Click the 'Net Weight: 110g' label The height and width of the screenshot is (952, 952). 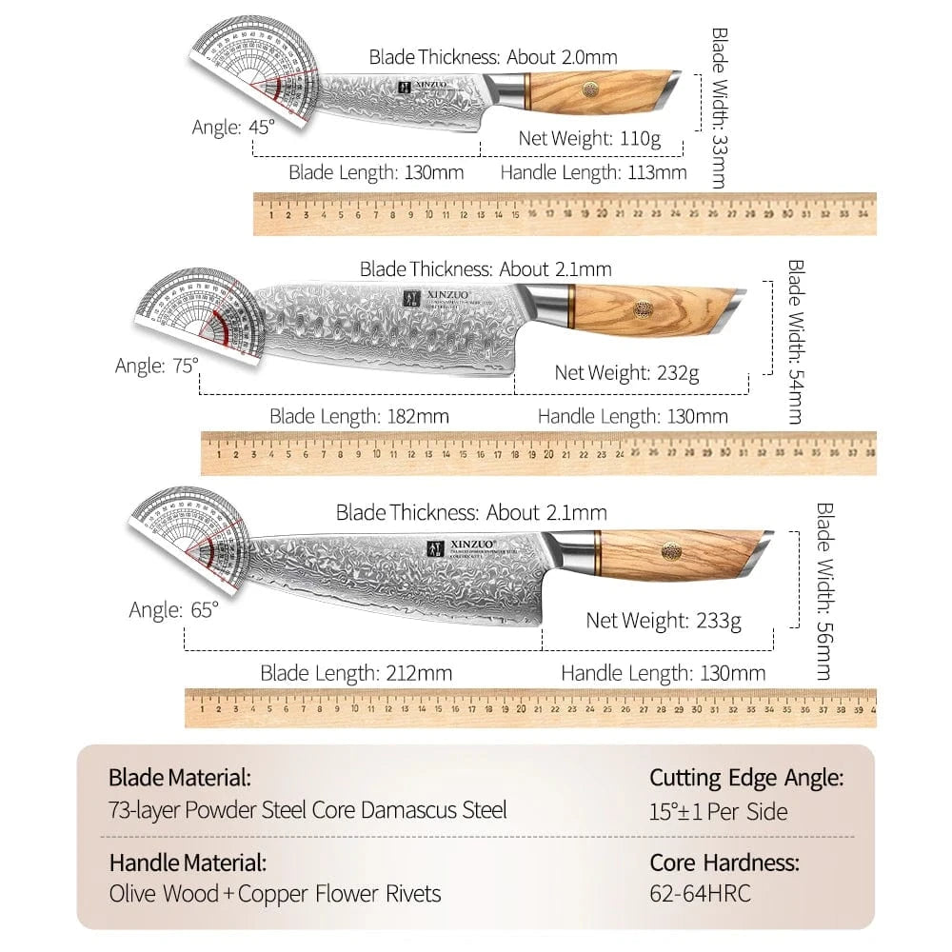click(589, 138)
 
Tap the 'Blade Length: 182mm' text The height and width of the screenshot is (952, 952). click(359, 416)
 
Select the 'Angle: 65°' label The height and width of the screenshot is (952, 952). click(174, 610)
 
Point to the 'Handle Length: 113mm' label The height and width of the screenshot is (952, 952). click(593, 172)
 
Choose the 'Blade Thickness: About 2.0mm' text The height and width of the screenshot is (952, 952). click(493, 57)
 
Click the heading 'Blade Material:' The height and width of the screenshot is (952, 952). click(180, 777)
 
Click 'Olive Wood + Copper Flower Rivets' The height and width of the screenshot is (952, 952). click(274, 895)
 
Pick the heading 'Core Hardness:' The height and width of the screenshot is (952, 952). click(724, 863)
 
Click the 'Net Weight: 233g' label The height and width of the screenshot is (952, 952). click(664, 621)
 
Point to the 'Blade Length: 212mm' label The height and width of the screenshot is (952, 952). click(356, 673)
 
